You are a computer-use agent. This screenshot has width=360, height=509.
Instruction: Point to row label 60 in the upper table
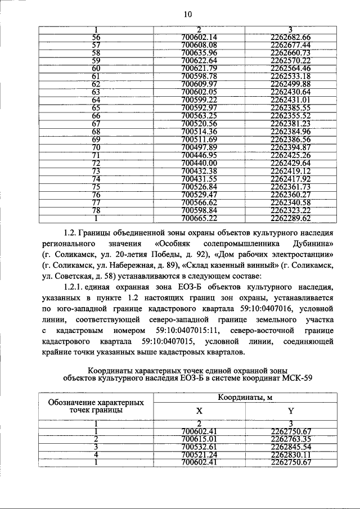96,68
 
